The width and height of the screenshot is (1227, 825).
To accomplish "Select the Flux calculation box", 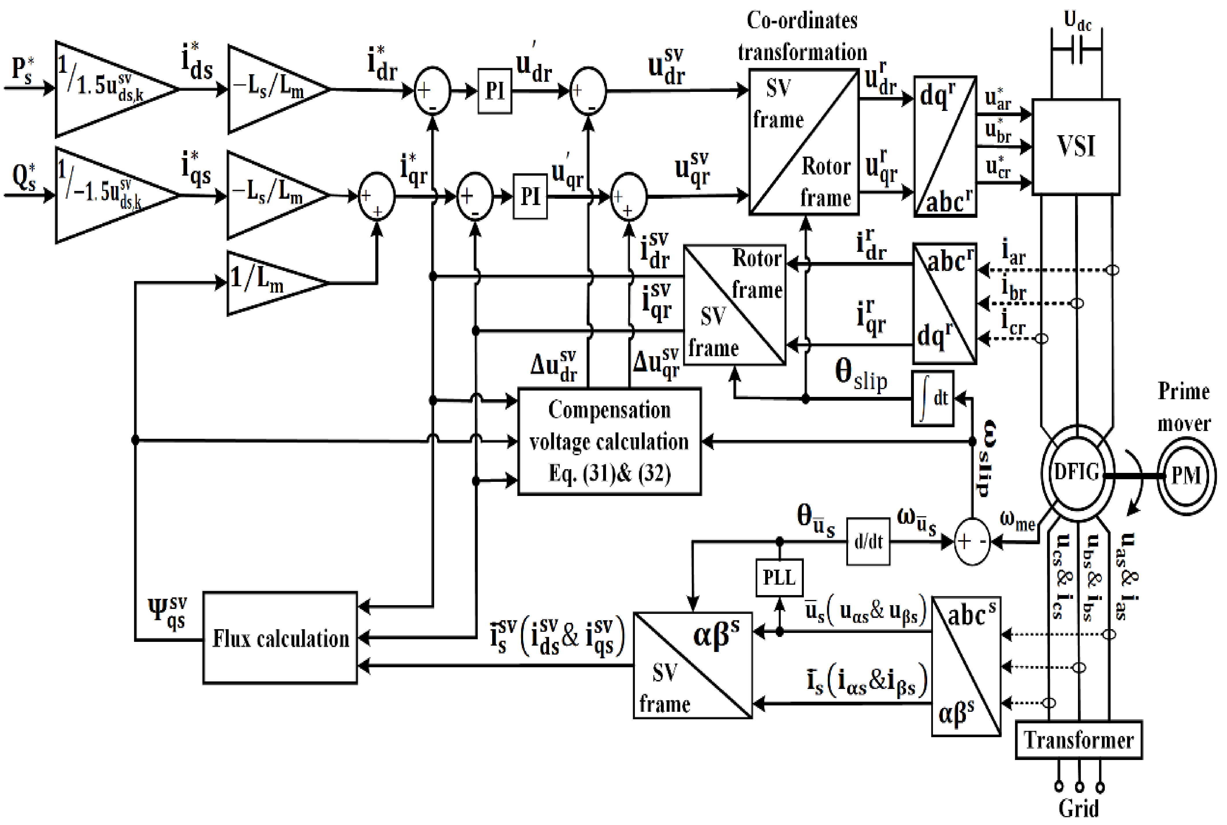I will (x=280, y=638).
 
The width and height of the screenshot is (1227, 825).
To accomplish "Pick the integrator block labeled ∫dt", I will (x=932, y=398).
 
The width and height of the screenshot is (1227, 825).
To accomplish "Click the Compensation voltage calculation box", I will (x=609, y=441).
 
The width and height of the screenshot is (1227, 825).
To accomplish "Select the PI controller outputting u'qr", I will (x=530, y=196).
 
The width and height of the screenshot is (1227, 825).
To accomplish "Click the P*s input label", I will (x=23, y=69).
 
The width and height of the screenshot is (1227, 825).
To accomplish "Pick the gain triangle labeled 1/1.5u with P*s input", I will (x=105, y=90).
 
